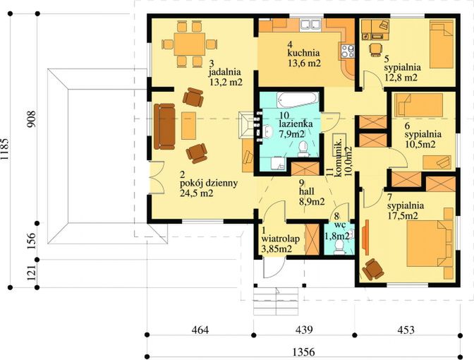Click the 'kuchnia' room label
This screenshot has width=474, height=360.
tap(303, 53)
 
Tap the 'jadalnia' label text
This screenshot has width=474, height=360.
tap(224, 72)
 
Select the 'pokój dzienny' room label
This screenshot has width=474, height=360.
tap(209, 184)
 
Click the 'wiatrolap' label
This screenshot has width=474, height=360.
tap(281, 239)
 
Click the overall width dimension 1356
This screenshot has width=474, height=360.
tap(303, 352)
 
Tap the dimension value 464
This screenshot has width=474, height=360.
tap(200, 330)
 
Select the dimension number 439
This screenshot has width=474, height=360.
tap(303, 330)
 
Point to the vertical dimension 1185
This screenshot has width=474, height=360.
tap(5, 150)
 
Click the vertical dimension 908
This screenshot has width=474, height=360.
tap(32, 119)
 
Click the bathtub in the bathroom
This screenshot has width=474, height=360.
tap(297, 100)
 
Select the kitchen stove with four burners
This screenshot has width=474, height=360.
tap(347, 51)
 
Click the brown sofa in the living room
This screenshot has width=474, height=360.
tap(164, 126)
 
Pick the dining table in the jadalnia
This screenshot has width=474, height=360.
tap(190, 44)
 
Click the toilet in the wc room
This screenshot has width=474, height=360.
tap(339, 246)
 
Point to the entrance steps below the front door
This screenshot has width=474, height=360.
tap(276, 301)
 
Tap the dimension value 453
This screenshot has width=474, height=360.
tap(406, 330)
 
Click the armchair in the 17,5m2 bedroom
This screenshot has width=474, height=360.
tap(373, 269)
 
